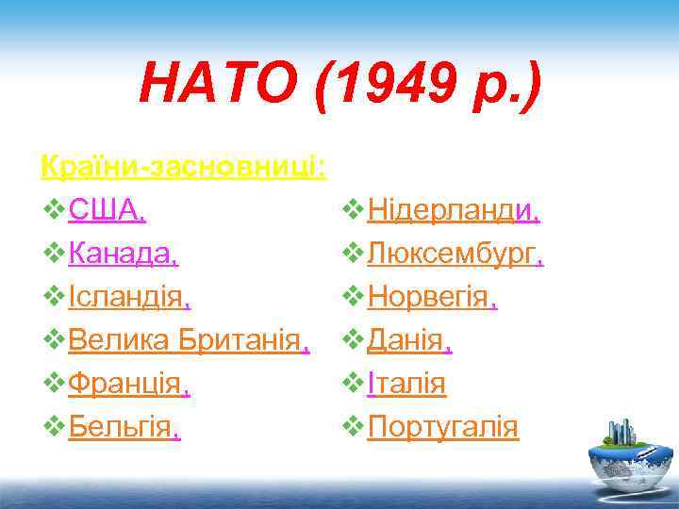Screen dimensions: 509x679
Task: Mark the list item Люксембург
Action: click(x=452, y=254)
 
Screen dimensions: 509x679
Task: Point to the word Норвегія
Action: click(x=429, y=298)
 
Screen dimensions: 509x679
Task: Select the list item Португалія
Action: click(x=442, y=428)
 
